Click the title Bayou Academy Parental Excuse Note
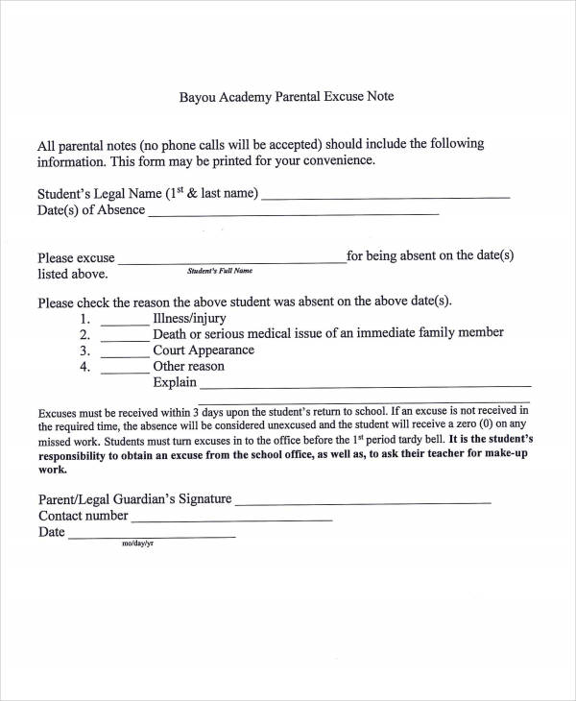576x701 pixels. tap(287, 97)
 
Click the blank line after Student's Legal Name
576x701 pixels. tap(385, 197)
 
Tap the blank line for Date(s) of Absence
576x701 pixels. tap(293, 213)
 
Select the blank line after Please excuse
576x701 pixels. tap(231, 261)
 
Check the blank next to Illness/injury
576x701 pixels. tap(124, 324)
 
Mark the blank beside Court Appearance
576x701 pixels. tap(124, 355)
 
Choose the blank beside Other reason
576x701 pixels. tap(124, 371)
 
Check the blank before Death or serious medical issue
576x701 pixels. tap(124, 339)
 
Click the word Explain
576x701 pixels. tap(175, 382)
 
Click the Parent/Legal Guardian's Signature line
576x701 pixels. tap(363, 502)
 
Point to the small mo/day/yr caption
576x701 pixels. tap(137, 544)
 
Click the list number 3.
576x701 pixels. tap(84, 350)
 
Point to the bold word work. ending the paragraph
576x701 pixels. tap(52, 471)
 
